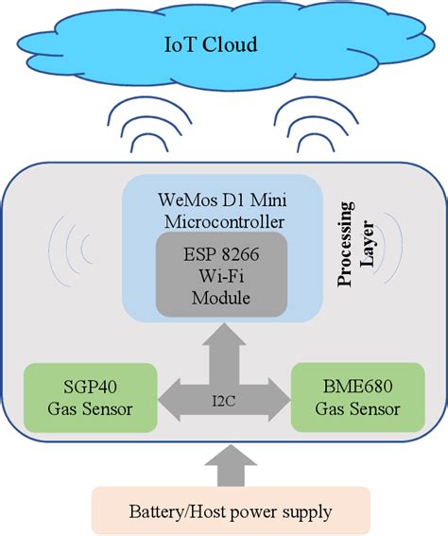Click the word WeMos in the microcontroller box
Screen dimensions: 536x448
(x=181, y=201)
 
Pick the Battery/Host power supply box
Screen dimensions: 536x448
(x=230, y=511)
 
